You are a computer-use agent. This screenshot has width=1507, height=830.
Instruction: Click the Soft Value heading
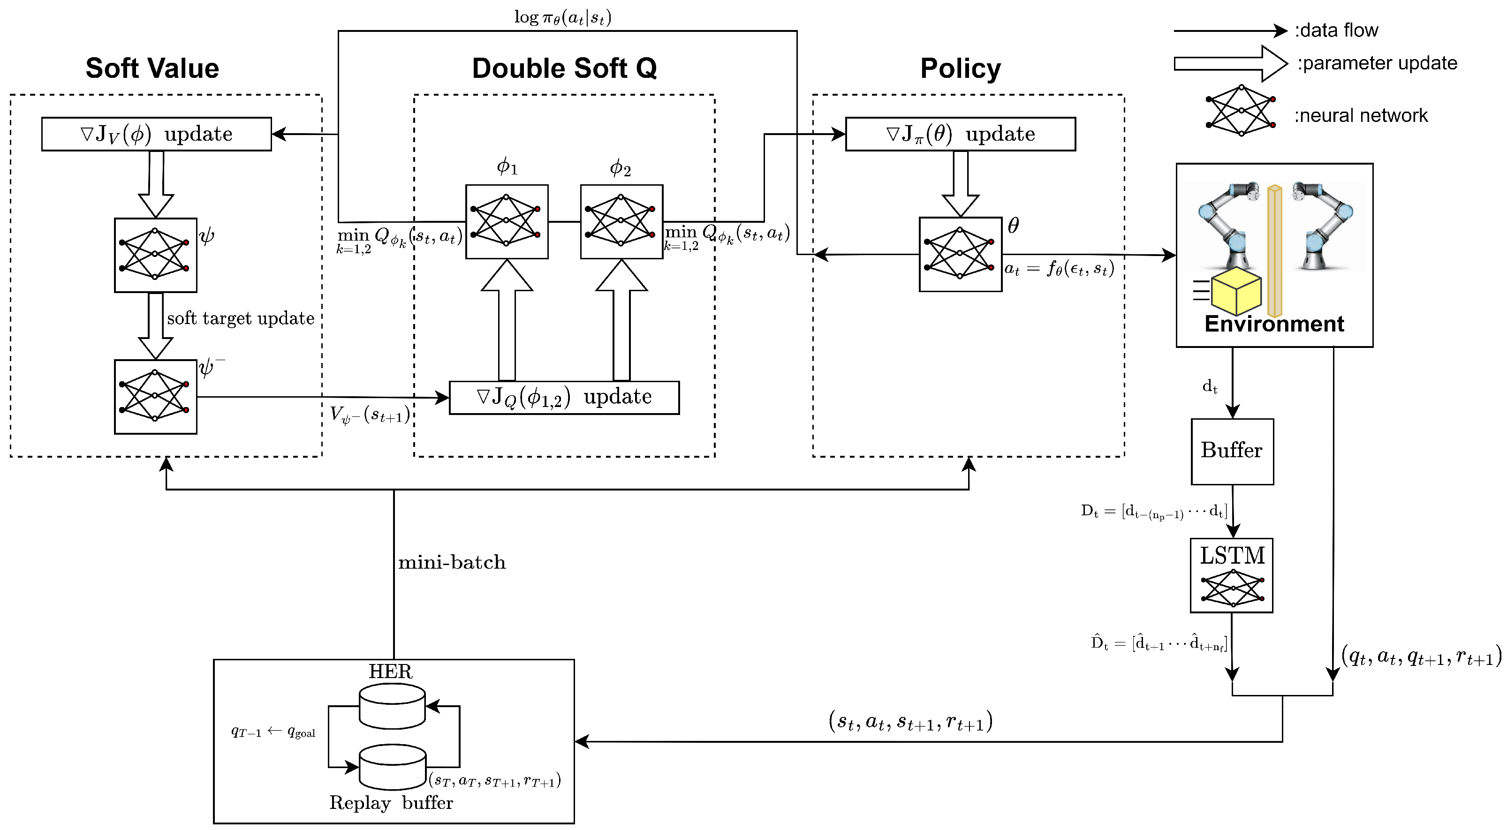click(152, 68)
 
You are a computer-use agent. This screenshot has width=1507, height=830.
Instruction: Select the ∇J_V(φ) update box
click(156, 134)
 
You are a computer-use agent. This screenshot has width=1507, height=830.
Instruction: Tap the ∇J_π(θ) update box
click(960, 134)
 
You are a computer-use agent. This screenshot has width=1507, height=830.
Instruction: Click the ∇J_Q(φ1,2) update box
click(563, 397)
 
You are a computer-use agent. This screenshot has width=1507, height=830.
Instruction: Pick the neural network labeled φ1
click(506, 222)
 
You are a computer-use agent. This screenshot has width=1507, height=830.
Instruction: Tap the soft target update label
click(241, 318)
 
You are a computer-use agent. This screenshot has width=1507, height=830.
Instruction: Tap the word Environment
click(1273, 324)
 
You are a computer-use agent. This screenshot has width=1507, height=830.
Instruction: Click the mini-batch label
click(451, 562)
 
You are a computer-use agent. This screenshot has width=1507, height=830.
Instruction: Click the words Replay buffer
click(391, 802)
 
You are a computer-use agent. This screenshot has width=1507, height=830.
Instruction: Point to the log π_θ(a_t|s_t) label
click(562, 17)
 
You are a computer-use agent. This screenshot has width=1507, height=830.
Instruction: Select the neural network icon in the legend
click(1240, 111)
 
